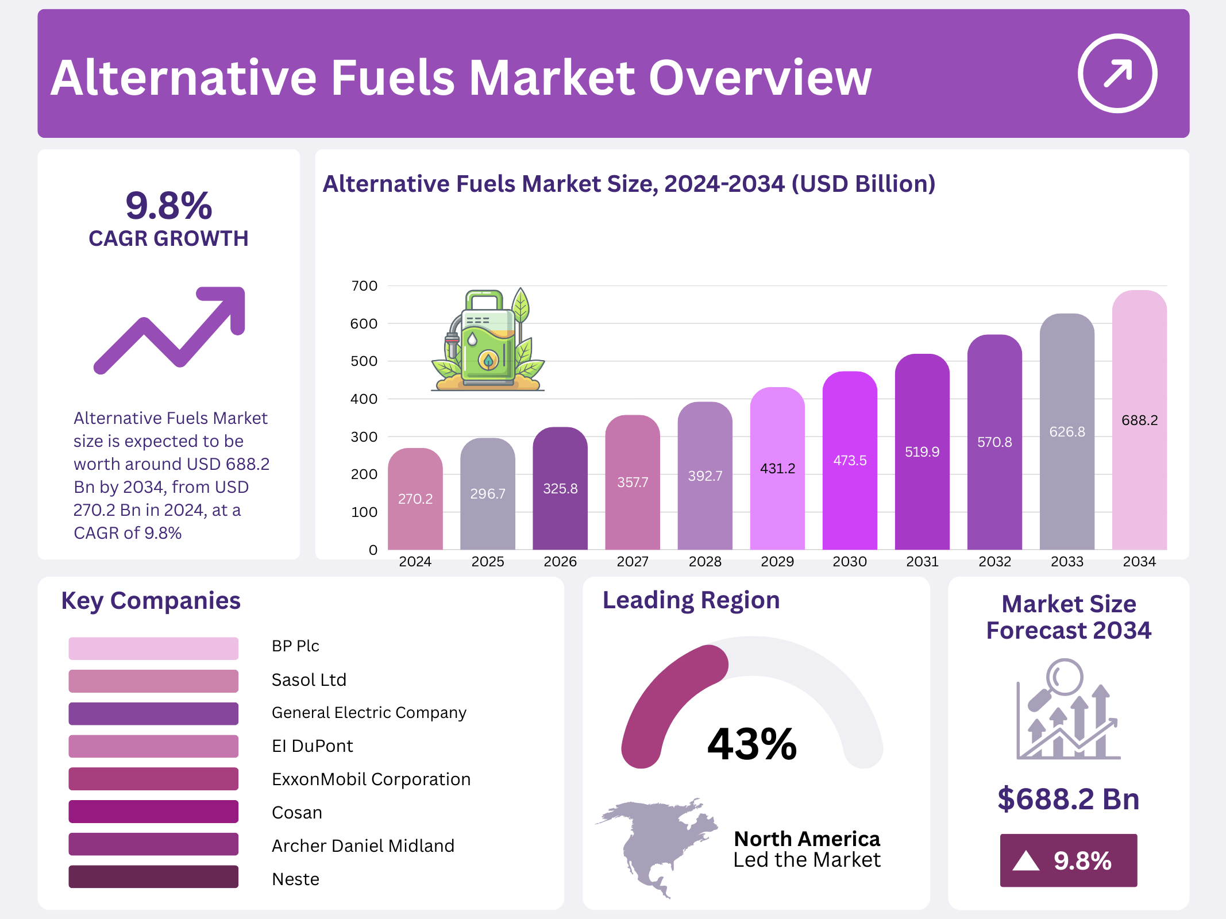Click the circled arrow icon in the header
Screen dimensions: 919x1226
pos(1117,74)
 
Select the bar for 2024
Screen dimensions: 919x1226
pos(415,500)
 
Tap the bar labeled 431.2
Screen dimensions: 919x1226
pos(777,468)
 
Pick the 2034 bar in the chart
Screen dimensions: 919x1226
pos(1139,419)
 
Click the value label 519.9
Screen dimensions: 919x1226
pos(922,452)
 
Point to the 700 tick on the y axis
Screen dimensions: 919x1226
pos(364,286)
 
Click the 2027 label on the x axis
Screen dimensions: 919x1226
pos(633,562)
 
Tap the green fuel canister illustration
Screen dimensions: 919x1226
pos(488,342)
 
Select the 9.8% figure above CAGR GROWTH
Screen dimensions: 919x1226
pos(169,206)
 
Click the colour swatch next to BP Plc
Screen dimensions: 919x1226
pos(153,648)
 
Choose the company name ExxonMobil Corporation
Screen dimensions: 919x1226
pos(371,779)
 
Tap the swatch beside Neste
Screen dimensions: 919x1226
pos(153,877)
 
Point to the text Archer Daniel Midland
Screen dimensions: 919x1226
pos(363,846)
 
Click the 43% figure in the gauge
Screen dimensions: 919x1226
pos(752,744)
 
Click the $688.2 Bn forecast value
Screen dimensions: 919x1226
pos(1069,799)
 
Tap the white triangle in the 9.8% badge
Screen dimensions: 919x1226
pos(1026,861)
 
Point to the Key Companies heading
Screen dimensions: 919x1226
pos(151,601)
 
